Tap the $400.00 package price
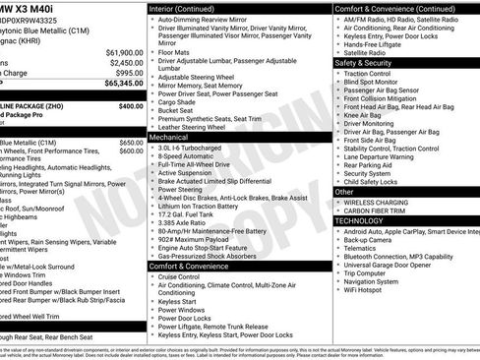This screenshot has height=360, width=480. click(130, 105)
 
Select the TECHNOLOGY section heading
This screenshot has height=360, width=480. click(360, 220)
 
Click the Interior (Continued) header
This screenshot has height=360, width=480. click(182, 7)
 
